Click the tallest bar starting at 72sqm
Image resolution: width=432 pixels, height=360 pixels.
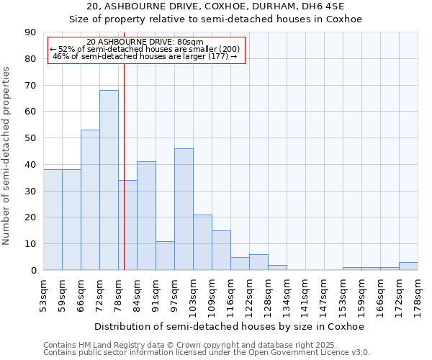[x=109, y=180]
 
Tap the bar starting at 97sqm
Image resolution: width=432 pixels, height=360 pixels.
[x=184, y=209]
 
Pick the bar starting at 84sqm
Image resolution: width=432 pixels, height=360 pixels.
[x=146, y=216]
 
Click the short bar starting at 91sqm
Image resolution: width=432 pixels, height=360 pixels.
[x=165, y=256]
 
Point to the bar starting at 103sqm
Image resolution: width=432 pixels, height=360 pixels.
[x=202, y=242]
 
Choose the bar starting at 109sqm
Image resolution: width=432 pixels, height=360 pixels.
[x=221, y=250]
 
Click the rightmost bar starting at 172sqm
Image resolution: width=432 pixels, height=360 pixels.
[x=408, y=266]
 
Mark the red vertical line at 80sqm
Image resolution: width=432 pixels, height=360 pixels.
[x=124, y=144]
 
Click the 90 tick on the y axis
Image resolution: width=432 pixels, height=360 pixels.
[x=31, y=32]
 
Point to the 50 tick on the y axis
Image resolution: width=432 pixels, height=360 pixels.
[x=31, y=138]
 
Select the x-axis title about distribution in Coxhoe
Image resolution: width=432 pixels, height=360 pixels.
[x=230, y=326]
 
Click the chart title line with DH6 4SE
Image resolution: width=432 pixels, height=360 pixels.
[x=215, y=6]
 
